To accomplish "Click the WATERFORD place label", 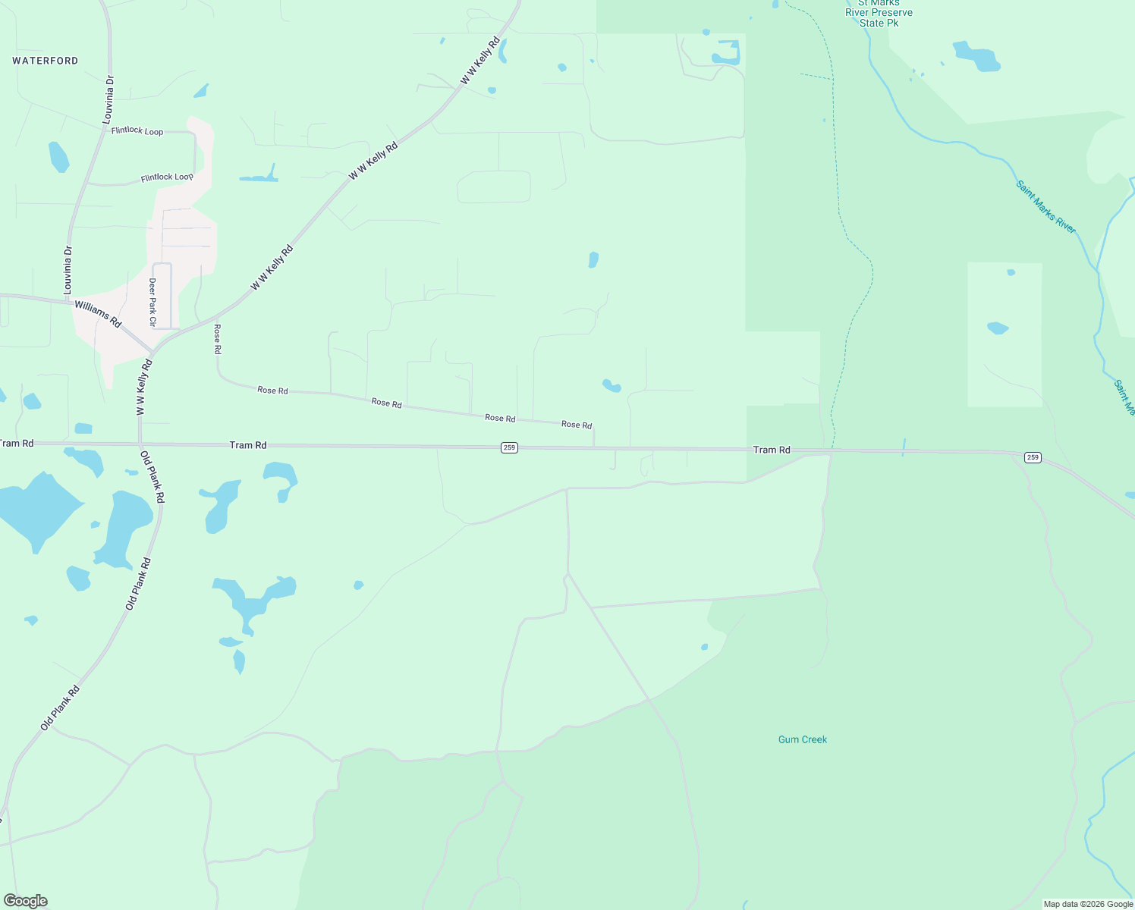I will click(46, 61).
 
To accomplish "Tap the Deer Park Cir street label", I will click(152, 302).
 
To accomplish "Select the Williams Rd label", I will click(98, 314).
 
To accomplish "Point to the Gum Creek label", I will click(803, 739).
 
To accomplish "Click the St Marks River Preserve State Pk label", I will click(879, 13).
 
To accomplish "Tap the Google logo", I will click(26, 901).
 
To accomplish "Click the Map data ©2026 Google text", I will click(1088, 904).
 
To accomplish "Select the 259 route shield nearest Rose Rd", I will click(509, 447).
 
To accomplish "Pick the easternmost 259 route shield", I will click(1033, 457).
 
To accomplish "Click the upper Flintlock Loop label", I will click(137, 131).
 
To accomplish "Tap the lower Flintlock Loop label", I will click(167, 177).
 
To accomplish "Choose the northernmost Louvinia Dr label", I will click(109, 99).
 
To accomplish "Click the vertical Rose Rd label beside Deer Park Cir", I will click(217, 339).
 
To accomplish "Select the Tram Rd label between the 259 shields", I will click(772, 450).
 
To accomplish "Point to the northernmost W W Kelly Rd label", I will click(481, 61).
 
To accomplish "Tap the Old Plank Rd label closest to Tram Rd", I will click(152, 477).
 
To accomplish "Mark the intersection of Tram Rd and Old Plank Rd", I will click(140, 444).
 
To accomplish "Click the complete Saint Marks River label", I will click(1046, 207).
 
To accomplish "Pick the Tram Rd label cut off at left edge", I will click(17, 443).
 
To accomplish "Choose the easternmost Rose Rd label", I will click(577, 425).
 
